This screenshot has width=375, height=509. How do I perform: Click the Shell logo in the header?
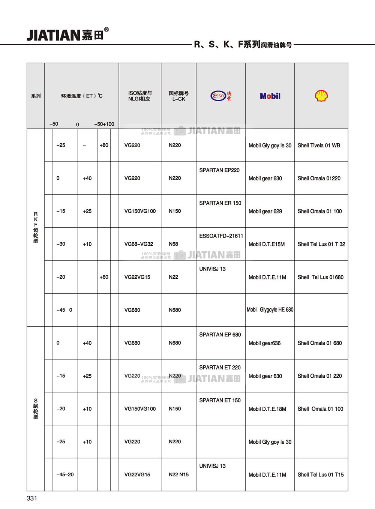coord(321,96)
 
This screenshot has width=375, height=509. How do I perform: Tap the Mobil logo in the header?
coord(270,96)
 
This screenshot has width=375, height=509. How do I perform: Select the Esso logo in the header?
coord(221,96)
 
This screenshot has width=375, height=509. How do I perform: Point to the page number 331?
coord(32,498)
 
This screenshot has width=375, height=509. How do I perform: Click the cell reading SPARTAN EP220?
coord(219,170)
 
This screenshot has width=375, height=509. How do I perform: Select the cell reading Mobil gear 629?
coord(265,211)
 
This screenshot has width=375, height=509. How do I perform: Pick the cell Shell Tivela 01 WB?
coord(319,145)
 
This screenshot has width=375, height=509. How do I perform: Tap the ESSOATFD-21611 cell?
coord(221,236)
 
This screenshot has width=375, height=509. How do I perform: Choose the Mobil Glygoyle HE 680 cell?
coord(270,310)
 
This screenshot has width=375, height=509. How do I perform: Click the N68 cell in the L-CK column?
coord(174,244)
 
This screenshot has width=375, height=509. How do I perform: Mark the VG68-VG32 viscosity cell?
coord(139,244)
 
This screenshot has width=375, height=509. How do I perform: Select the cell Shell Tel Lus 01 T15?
coord(321,474)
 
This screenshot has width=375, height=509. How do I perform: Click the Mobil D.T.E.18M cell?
coord(267,409)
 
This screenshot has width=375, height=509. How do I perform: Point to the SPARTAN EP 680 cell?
coord(220,335)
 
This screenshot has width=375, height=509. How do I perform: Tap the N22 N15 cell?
coord(178,474)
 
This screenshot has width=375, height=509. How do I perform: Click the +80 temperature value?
coord(104,145)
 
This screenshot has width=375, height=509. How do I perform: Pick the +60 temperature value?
coord(104,277)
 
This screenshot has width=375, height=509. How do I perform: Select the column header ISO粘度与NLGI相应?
coord(140,96)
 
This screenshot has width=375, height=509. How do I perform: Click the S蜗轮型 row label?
coord(36,408)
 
